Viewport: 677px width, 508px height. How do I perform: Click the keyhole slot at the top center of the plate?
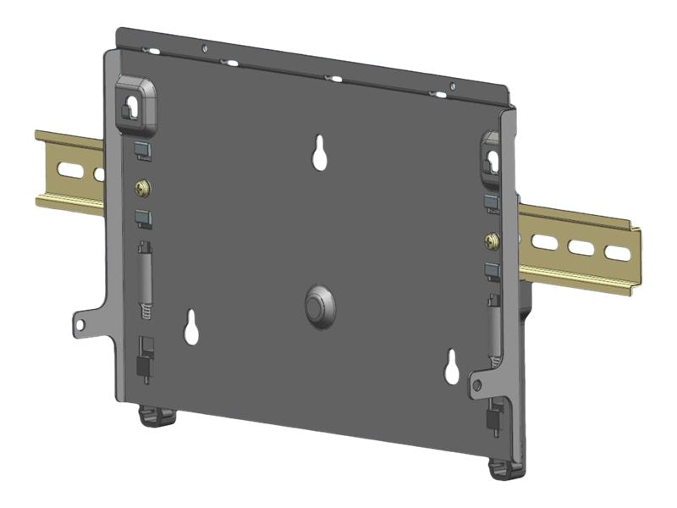320,153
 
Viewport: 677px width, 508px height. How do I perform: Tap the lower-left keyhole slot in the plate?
192,328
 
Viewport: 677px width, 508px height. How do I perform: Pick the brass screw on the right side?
491,242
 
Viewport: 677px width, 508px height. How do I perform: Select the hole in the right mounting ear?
476,386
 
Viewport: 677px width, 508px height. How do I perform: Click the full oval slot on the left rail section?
71,169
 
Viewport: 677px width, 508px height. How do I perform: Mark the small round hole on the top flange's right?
453,86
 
